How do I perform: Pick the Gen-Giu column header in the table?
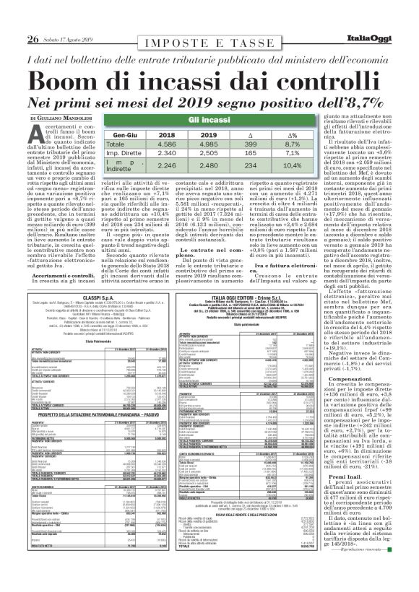(x=125, y=134)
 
